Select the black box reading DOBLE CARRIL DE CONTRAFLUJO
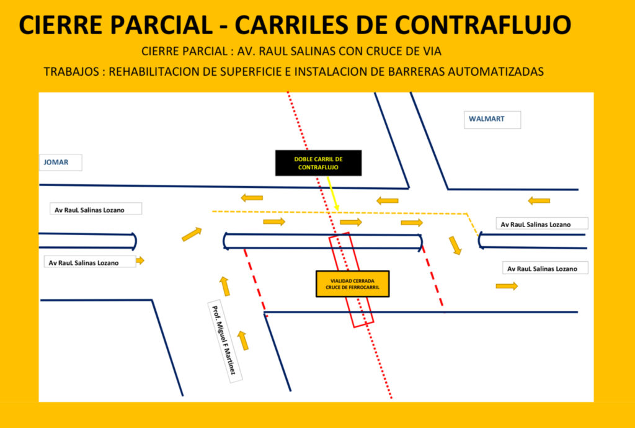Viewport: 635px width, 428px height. pos(318,163)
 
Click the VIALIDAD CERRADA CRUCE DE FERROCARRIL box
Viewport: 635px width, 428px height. pos(352,284)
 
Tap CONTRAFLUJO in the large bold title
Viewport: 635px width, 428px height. pos(482,24)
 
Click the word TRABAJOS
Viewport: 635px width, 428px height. pos(72,71)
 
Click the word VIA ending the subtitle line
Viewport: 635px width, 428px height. pos(432,51)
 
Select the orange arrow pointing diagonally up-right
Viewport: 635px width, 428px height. pos(192,234)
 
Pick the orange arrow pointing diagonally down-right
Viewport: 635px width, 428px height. pos(456,245)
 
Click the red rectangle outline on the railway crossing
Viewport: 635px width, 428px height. pos(352,280)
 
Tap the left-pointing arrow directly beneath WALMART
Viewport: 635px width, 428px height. pos(538,200)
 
